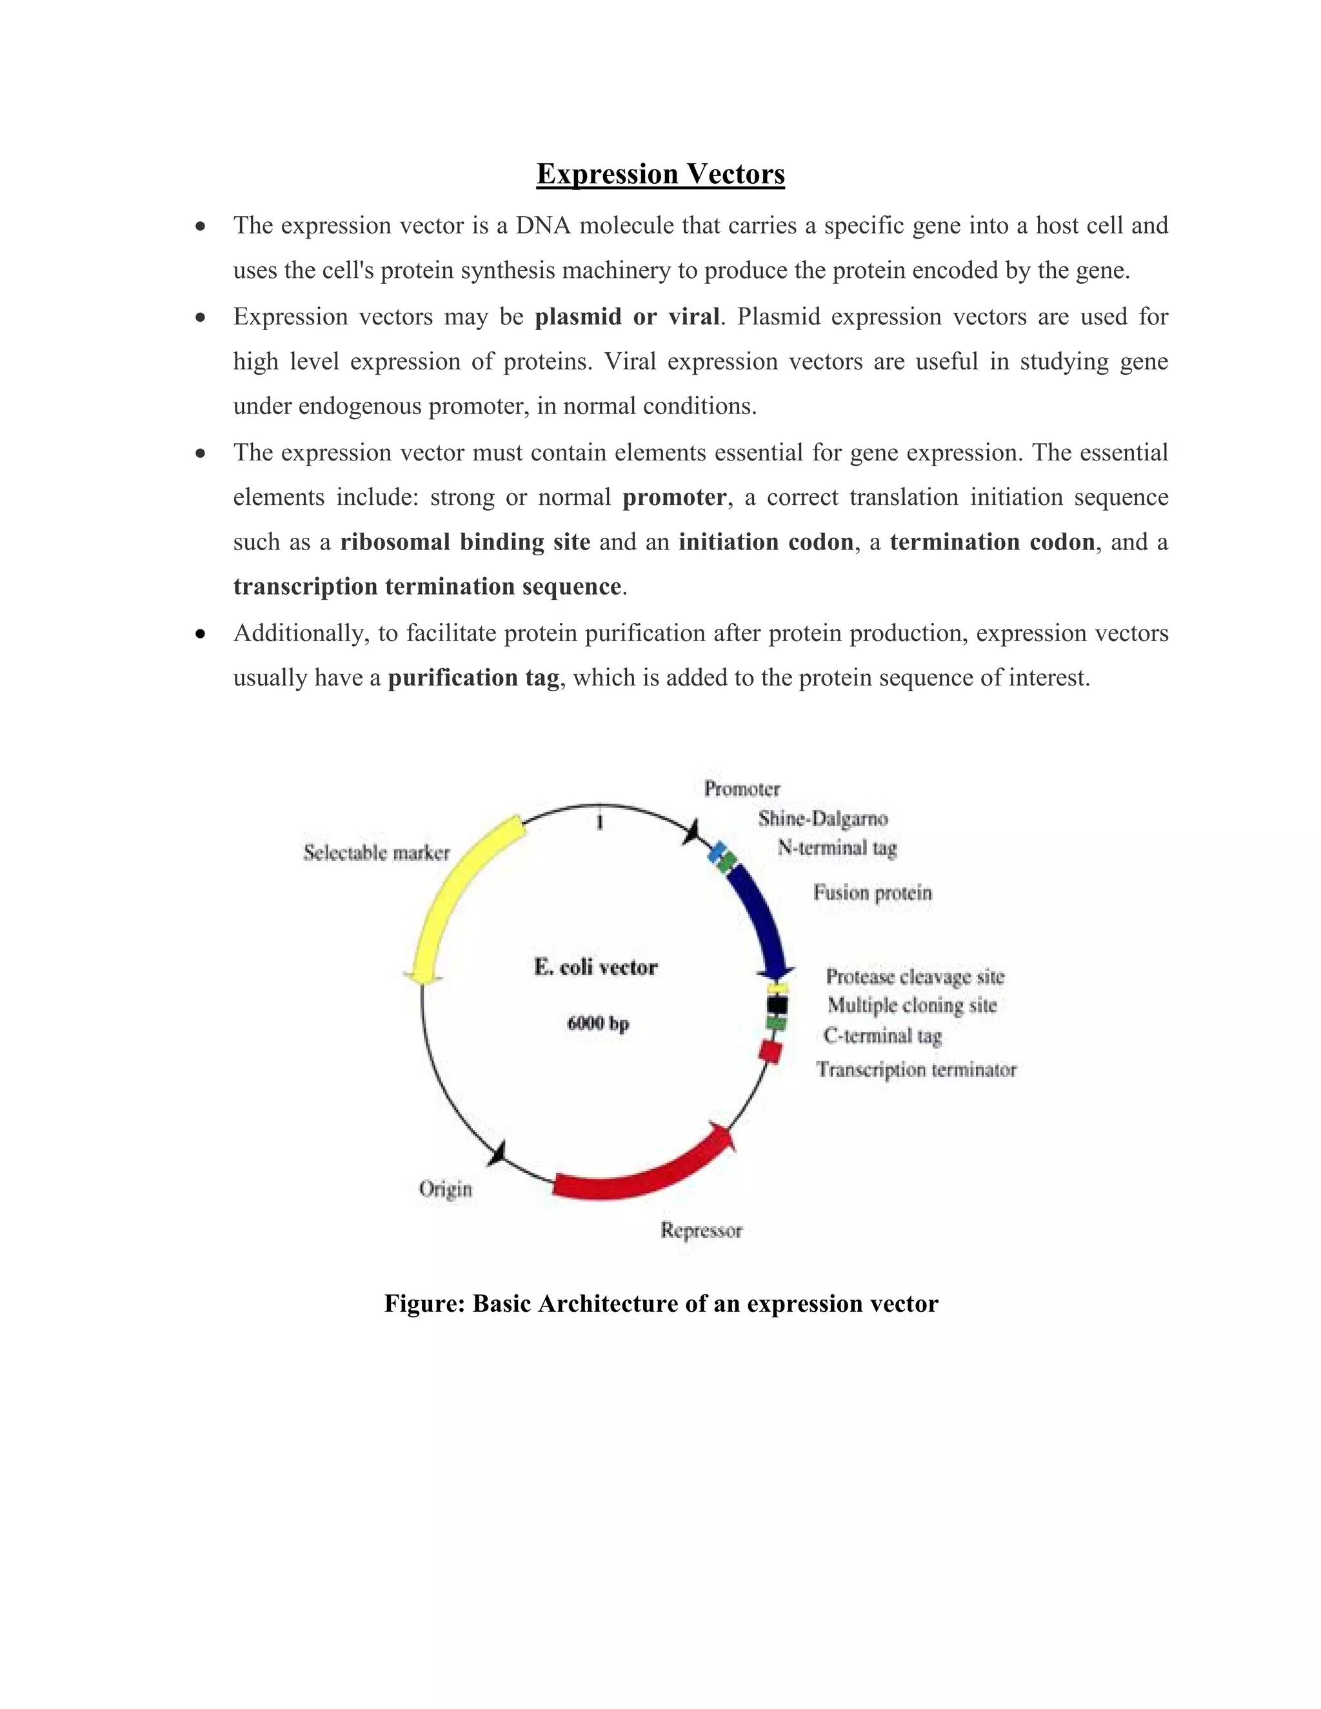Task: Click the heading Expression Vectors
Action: tap(660, 173)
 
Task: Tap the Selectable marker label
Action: tap(377, 853)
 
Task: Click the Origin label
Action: tap(445, 1189)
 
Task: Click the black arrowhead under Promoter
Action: tap(691, 833)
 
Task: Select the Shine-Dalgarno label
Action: tap(822, 819)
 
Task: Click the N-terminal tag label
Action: tap(837, 848)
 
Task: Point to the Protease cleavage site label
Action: tap(914, 976)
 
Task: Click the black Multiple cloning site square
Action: tap(777, 1003)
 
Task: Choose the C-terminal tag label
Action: tap(882, 1036)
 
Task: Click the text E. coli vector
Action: tap(595, 968)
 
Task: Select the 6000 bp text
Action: tap(598, 1023)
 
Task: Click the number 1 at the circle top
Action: tap(599, 823)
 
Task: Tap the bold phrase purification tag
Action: tap(473, 678)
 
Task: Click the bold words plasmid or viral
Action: tap(627, 317)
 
